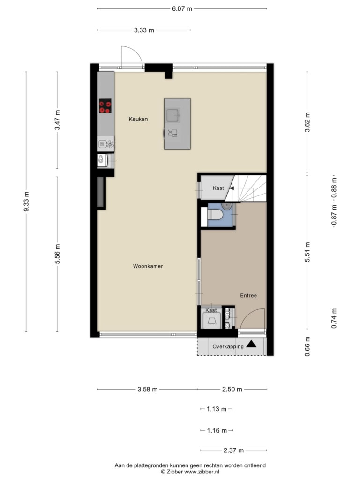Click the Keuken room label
click(x=138, y=119)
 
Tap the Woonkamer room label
click(x=148, y=266)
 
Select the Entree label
click(x=248, y=295)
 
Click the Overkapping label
click(x=228, y=346)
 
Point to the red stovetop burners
click(x=105, y=106)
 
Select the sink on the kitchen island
click(x=173, y=115)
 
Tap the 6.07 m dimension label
click(x=182, y=8)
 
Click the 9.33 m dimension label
click(x=26, y=202)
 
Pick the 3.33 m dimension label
click(x=144, y=30)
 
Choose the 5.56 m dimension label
click(x=57, y=254)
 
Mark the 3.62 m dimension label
click(x=307, y=122)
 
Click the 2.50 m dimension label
click(x=232, y=389)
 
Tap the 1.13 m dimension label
click(x=217, y=409)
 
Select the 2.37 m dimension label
click(x=233, y=450)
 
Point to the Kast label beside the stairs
click(x=218, y=188)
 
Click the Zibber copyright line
click(x=190, y=472)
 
